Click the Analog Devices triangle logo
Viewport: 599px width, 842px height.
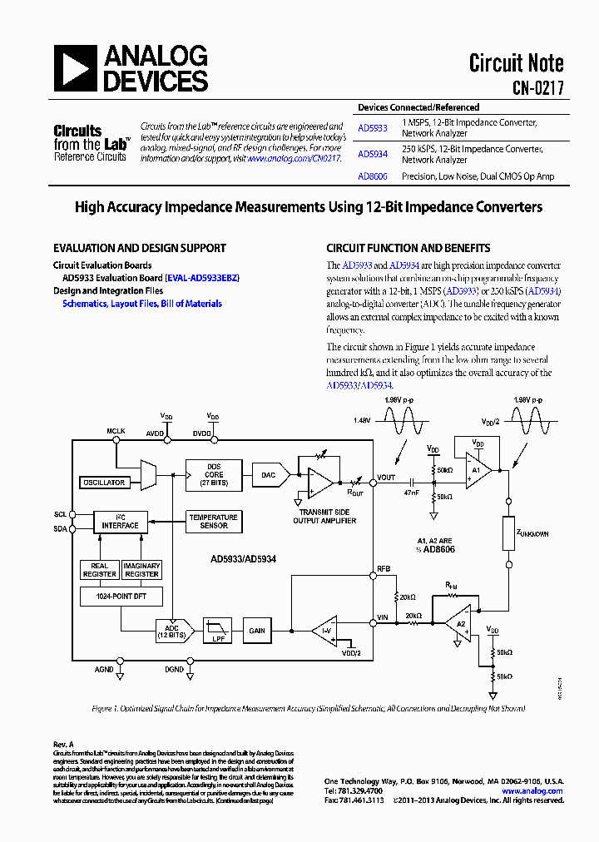[77, 68]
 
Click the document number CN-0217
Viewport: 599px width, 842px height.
[537, 86]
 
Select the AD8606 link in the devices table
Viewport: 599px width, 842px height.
[372, 176]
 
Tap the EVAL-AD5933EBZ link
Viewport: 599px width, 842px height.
[202, 278]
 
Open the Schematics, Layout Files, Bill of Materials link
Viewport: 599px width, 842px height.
[142, 304]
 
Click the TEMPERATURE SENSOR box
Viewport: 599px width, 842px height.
[214, 521]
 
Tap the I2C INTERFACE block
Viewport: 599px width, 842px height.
[121, 521]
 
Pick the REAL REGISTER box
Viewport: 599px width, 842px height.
[99, 570]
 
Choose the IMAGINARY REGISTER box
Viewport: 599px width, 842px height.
[141, 570]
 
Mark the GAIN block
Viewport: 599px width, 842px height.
[257, 631]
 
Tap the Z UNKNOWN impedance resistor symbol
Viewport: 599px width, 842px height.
[507, 532]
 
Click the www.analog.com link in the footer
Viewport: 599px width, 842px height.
[535, 790]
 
